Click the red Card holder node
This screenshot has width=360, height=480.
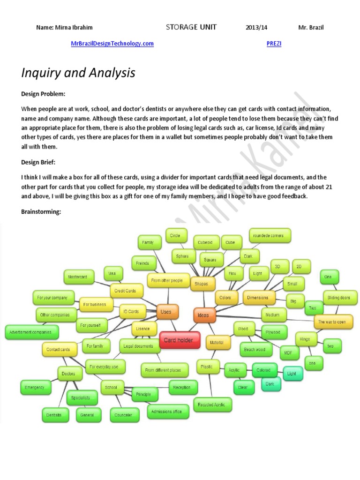179,340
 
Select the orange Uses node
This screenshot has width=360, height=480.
166,312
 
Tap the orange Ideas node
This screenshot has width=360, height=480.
204,315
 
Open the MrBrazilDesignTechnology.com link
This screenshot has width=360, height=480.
112,44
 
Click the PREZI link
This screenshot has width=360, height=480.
274,44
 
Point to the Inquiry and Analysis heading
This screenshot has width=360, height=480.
78,73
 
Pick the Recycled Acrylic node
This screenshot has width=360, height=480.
211,404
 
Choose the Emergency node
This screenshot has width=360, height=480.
35,388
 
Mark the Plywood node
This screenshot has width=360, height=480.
273,332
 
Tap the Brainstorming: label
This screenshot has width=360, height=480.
41,212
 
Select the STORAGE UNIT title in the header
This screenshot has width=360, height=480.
191,27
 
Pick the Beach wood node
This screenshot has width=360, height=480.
255,349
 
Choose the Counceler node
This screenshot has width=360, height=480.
123,415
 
